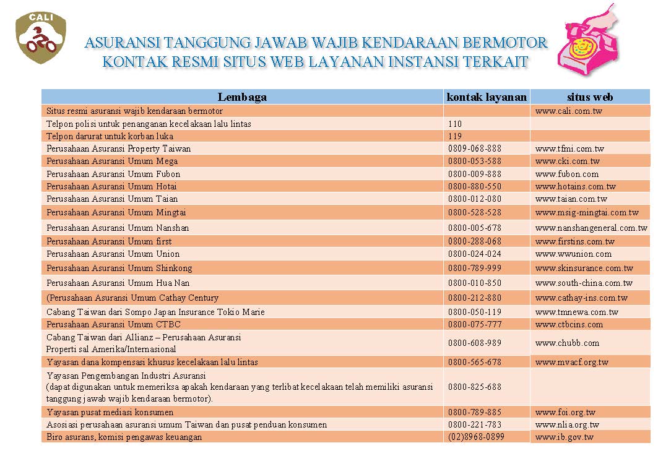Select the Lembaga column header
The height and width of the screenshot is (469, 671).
[x=242, y=97]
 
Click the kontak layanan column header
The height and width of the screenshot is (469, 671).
[x=487, y=97]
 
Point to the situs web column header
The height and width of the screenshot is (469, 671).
[x=590, y=97]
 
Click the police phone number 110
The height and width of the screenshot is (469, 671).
[x=455, y=124]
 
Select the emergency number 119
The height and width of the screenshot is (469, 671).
[x=455, y=136]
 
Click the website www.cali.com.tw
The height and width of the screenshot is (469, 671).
[x=569, y=111]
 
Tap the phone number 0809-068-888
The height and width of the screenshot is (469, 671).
[x=475, y=148]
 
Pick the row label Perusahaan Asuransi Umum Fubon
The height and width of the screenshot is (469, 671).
[x=113, y=174]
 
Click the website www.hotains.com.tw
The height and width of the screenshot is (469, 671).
[x=576, y=186]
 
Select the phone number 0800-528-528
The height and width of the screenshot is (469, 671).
[x=475, y=212]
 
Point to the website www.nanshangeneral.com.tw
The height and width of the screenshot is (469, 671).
[x=591, y=228]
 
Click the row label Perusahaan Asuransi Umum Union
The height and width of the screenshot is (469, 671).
[x=113, y=254]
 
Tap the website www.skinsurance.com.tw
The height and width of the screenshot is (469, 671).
[x=584, y=269]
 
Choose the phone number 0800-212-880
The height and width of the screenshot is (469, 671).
[x=475, y=298]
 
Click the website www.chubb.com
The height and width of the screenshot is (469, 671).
[x=567, y=343]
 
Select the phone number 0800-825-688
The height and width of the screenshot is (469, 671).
[x=475, y=387]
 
